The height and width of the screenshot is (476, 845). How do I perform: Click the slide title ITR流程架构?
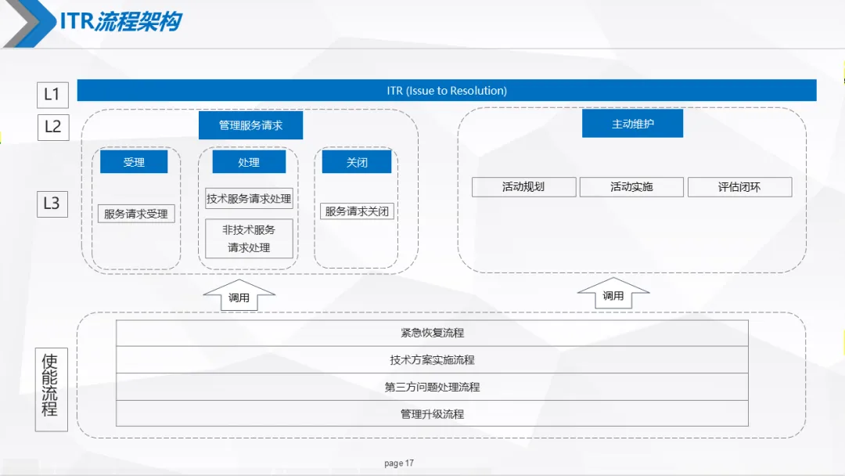(x=121, y=21)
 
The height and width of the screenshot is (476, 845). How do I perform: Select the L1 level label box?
(x=52, y=95)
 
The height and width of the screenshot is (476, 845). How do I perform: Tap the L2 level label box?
(x=52, y=126)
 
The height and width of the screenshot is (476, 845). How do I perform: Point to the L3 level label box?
(x=52, y=204)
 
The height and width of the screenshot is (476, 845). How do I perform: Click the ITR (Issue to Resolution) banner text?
(x=447, y=91)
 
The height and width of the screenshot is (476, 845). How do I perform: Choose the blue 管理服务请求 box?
(x=250, y=125)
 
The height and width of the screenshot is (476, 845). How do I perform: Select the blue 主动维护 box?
(x=632, y=124)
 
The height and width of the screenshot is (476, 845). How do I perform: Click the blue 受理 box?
(x=134, y=162)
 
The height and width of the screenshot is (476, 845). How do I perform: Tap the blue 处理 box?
(x=249, y=162)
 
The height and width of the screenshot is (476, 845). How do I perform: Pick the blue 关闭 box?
(x=357, y=162)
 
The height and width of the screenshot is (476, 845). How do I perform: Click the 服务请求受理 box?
(x=136, y=214)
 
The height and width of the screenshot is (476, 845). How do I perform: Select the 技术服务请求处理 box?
(x=249, y=199)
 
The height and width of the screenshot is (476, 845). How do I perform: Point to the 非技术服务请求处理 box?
(x=249, y=238)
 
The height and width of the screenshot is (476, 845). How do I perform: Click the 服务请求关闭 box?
(x=357, y=211)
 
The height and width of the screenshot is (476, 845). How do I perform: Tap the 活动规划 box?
(x=523, y=187)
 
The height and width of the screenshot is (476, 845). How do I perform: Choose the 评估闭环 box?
(x=739, y=187)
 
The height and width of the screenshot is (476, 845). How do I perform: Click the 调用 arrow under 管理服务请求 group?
(x=239, y=297)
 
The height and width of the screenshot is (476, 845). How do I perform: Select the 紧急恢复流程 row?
(x=432, y=333)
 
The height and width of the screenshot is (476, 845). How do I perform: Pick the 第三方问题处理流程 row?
(x=432, y=387)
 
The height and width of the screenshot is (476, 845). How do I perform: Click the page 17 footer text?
(x=399, y=463)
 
